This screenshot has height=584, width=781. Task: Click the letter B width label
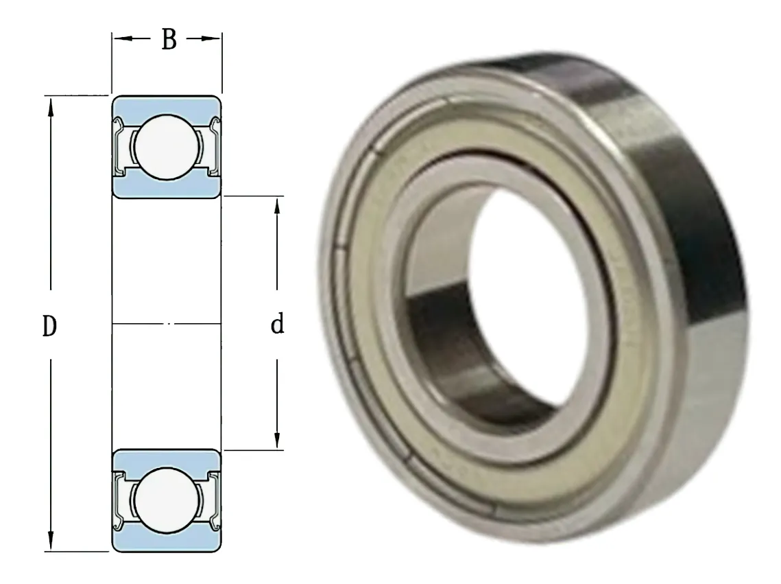(x=169, y=39)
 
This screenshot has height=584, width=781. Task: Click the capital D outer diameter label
(x=49, y=326)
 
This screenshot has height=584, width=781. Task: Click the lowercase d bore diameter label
(x=278, y=323)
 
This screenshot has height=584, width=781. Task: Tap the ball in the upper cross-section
(x=167, y=146)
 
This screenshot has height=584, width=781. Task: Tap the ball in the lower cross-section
(x=166, y=500)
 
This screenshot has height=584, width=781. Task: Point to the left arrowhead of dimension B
(x=121, y=38)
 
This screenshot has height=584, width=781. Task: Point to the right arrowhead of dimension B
(x=212, y=38)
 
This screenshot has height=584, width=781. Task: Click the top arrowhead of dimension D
(x=50, y=106)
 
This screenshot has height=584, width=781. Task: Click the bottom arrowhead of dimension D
(x=50, y=541)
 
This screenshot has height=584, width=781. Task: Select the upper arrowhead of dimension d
(x=278, y=207)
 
